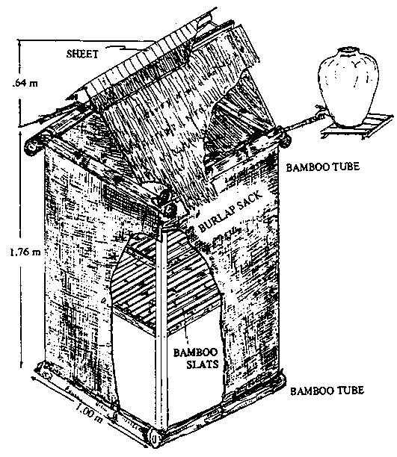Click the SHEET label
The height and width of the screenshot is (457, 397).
82,54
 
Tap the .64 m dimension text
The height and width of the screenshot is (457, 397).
25,83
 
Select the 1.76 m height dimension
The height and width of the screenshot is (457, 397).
25,252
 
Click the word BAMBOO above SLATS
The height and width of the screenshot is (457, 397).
196,352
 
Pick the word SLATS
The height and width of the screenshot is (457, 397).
203,364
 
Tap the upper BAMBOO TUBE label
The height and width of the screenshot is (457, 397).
322,167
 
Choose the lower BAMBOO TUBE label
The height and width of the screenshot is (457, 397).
327,391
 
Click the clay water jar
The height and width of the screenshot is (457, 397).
349,87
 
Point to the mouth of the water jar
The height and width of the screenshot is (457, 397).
349,50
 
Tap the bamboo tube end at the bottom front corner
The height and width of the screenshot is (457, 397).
155,438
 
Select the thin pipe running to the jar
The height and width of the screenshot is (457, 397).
304,122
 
